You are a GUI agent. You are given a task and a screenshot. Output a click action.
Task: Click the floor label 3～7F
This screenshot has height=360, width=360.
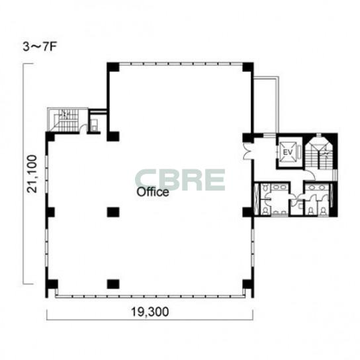tap(40, 47)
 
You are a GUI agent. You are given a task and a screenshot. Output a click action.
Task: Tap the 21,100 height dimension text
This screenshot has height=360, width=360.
tap(32, 174)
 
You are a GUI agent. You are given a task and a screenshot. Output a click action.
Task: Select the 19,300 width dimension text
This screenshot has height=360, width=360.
tap(150, 312)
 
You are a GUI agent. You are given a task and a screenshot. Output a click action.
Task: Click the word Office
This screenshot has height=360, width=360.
tap(153, 192)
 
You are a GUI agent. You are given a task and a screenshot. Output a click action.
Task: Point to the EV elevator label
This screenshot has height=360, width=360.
tap(288, 152)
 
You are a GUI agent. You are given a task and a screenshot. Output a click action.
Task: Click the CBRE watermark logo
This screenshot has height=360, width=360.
tap(180, 180)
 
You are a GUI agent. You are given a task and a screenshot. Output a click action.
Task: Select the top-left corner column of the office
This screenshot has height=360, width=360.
tap(113, 67)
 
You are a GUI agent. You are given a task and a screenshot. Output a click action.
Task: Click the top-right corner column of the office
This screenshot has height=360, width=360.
tap(248, 67)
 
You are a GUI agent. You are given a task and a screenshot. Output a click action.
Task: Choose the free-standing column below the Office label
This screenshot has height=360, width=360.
tap(113, 212)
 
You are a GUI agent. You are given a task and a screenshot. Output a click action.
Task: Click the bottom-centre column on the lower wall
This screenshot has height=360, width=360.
tap(113, 284)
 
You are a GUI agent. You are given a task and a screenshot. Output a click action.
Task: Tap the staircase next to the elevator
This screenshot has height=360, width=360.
tap(320, 153)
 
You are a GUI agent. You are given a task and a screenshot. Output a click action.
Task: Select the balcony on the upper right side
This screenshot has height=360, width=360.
tap(266, 106)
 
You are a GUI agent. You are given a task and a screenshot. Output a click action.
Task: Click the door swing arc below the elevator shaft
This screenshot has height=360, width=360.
tap(310, 175)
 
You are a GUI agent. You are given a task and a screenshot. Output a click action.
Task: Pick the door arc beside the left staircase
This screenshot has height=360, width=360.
tap(83, 128)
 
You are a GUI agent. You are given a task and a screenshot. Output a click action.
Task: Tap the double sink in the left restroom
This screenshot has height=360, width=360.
tap(279, 187)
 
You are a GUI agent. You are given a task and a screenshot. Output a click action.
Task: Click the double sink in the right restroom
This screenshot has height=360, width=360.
tap(317, 187)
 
